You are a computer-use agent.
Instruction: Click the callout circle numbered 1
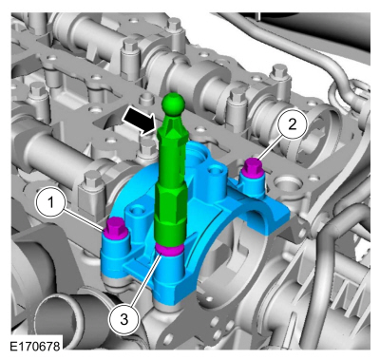click(52, 201)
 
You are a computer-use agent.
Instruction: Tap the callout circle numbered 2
click(294, 123)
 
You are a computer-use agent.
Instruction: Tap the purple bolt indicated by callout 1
click(115, 227)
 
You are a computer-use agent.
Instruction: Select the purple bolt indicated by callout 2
click(253, 169)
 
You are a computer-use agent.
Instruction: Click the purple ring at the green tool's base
click(168, 251)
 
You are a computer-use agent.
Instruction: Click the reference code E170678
click(36, 347)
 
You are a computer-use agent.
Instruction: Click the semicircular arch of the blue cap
click(214, 251)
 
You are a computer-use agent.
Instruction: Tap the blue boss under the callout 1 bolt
click(113, 252)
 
